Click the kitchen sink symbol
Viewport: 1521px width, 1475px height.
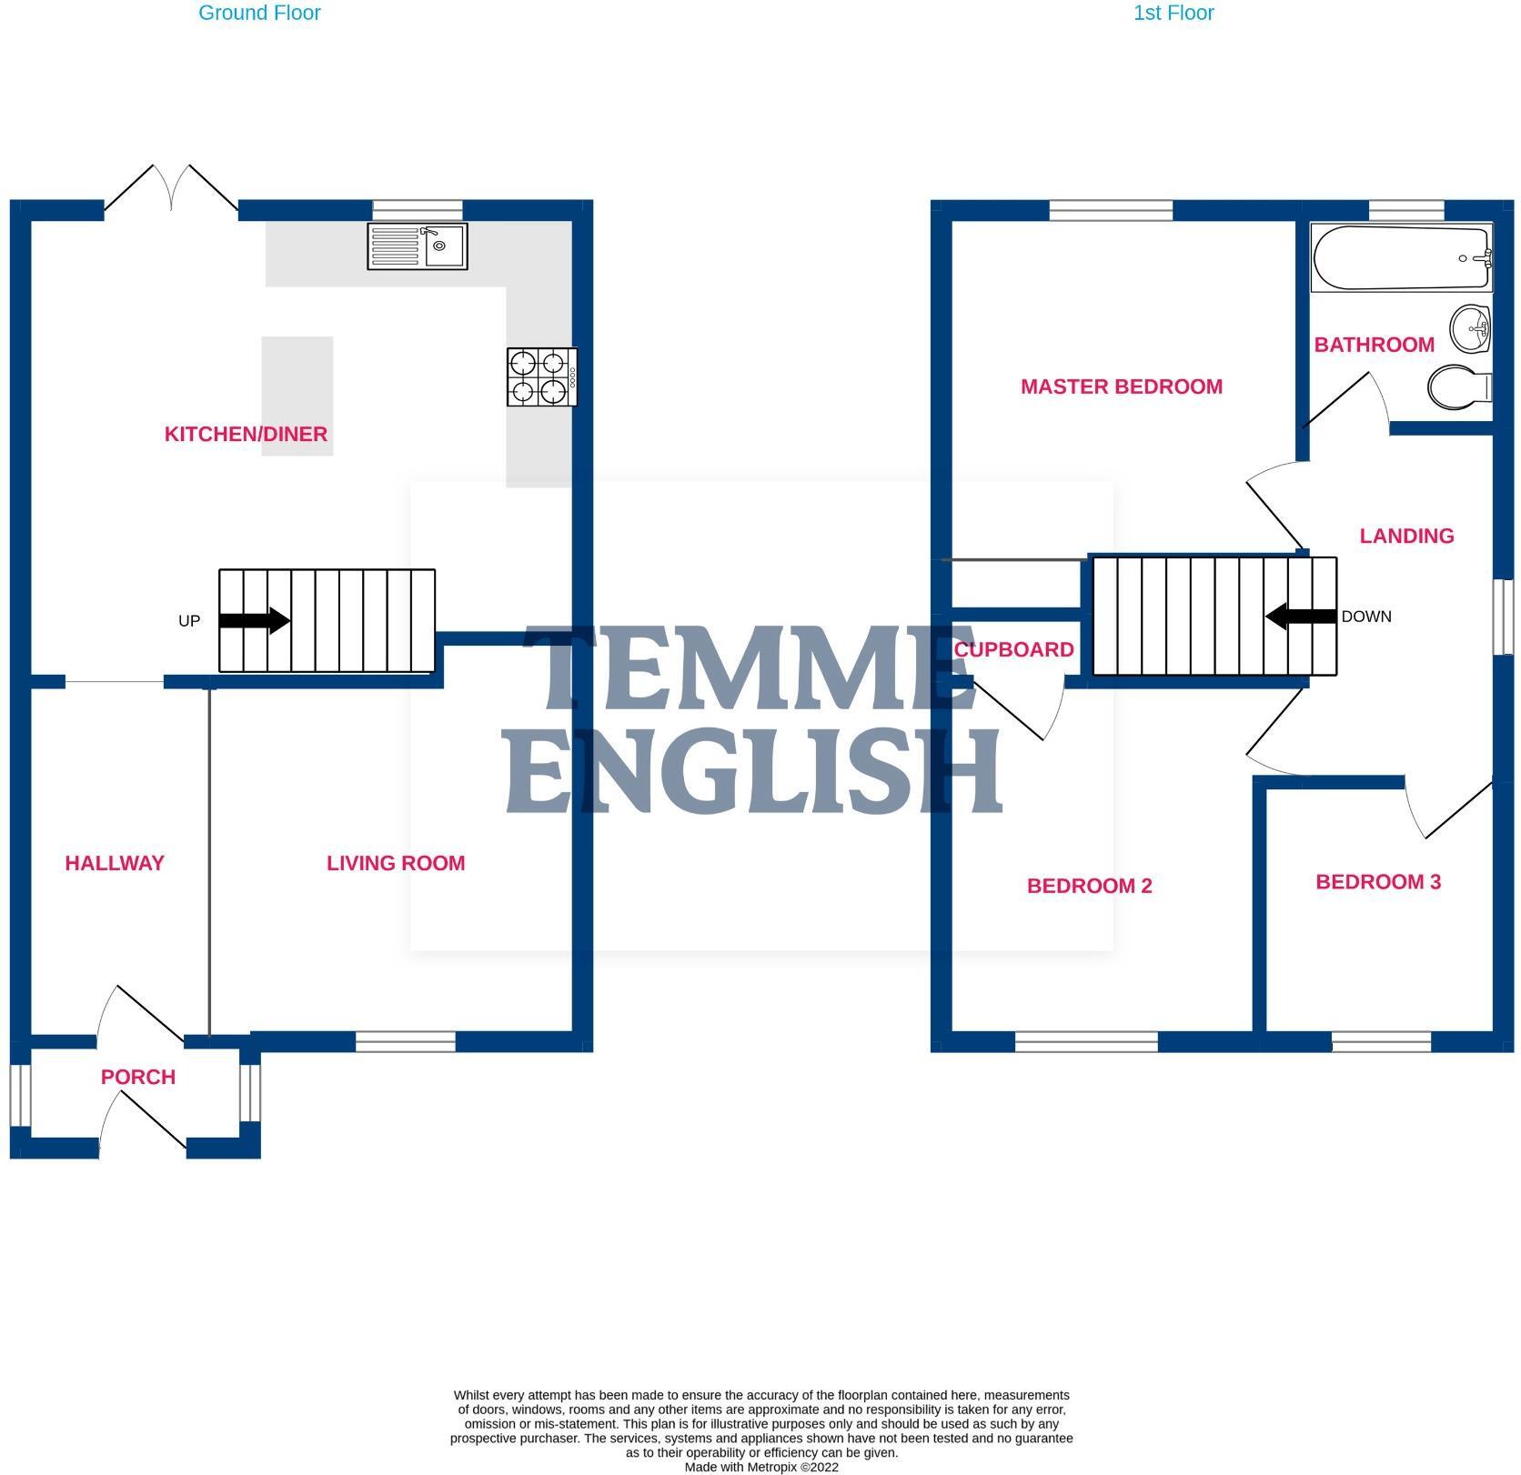(418, 246)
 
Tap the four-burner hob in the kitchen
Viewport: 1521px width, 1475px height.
(542, 377)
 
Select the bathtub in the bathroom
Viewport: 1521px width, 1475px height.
(1402, 258)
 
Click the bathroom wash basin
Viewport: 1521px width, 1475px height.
(1470, 328)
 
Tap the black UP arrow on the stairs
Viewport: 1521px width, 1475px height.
(255, 621)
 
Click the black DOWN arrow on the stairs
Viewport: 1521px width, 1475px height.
(1301, 617)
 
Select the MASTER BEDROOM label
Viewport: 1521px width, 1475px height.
(1121, 386)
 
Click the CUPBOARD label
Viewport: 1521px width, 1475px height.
(1013, 649)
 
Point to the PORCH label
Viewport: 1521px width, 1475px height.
(138, 1077)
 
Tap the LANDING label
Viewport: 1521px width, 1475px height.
(1406, 536)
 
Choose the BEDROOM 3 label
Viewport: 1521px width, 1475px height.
(1378, 881)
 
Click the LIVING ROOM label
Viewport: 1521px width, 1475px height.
(396, 863)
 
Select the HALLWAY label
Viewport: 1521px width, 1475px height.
(115, 863)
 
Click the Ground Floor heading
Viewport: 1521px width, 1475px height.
(259, 13)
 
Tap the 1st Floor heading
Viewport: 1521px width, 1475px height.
(1173, 13)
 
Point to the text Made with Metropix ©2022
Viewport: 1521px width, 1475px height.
(761, 1467)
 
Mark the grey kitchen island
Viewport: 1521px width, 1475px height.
(297, 396)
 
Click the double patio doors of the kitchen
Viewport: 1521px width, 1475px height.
(171, 189)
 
